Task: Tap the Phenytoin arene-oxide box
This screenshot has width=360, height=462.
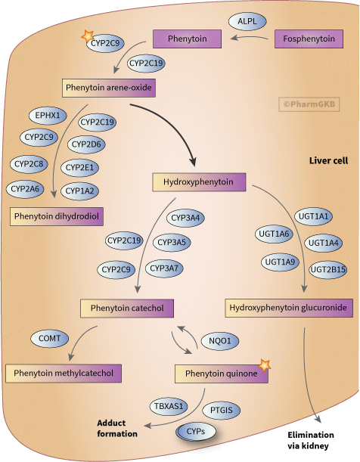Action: (110, 88)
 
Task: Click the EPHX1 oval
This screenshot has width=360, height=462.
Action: (47, 116)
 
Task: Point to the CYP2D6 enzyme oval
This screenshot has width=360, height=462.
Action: (86, 144)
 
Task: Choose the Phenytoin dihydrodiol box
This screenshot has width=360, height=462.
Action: (57, 216)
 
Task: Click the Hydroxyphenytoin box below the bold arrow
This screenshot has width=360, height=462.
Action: (200, 182)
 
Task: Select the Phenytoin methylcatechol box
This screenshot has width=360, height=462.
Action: (64, 373)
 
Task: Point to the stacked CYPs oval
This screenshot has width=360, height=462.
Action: (195, 431)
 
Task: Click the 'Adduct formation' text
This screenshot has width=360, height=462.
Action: (116, 428)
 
